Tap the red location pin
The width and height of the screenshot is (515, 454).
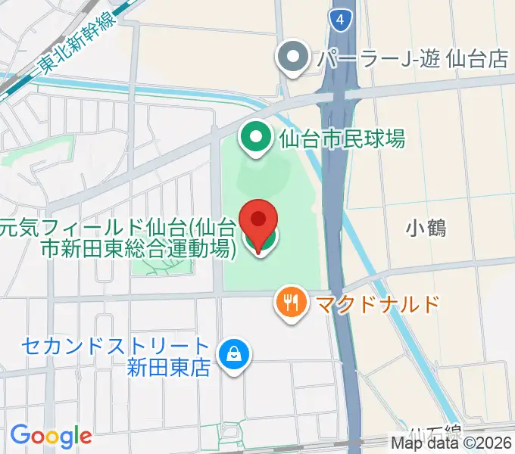[x=258, y=222]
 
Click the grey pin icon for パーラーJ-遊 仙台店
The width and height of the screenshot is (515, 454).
[x=292, y=58]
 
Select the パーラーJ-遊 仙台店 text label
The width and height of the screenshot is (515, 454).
[x=412, y=58]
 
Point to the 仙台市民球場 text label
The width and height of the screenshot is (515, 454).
[x=342, y=138]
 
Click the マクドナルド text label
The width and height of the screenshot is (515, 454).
[x=377, y=304]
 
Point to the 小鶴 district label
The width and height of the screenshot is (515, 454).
[x=425, y=227]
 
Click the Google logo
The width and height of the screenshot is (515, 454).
[x=51, y=436]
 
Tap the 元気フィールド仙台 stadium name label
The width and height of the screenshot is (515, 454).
[x=114, y=237]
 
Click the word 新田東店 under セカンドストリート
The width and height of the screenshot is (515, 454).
[x=169, y=368]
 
